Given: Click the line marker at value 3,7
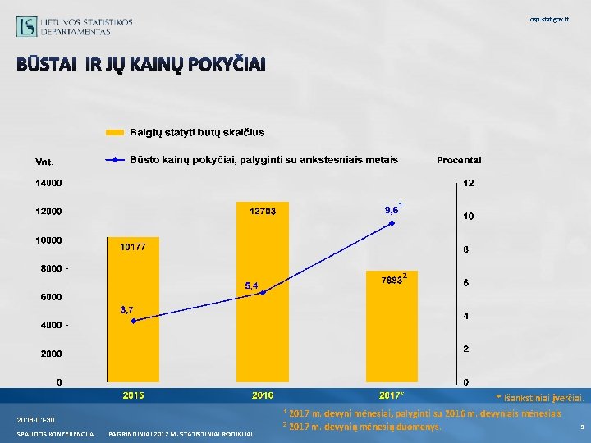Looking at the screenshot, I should (134, 321).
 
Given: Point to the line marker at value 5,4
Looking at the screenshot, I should (263, 293).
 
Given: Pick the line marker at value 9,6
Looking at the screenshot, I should (392, 222).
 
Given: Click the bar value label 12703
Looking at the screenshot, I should (263, 211).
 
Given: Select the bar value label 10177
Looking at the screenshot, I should (133, 247).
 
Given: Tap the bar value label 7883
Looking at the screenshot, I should (391, 281).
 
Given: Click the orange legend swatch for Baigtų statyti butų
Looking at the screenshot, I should (116, 132).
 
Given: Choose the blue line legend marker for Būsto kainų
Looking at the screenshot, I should (116, 159).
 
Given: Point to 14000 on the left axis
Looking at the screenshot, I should (47, 183).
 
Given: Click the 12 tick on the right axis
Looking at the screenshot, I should (468, 183).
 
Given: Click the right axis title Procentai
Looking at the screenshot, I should (459, 159).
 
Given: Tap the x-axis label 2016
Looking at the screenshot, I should (262, 395).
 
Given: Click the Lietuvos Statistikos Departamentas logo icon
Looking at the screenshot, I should (26, 26).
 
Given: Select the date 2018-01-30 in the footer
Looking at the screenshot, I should (34, 419).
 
